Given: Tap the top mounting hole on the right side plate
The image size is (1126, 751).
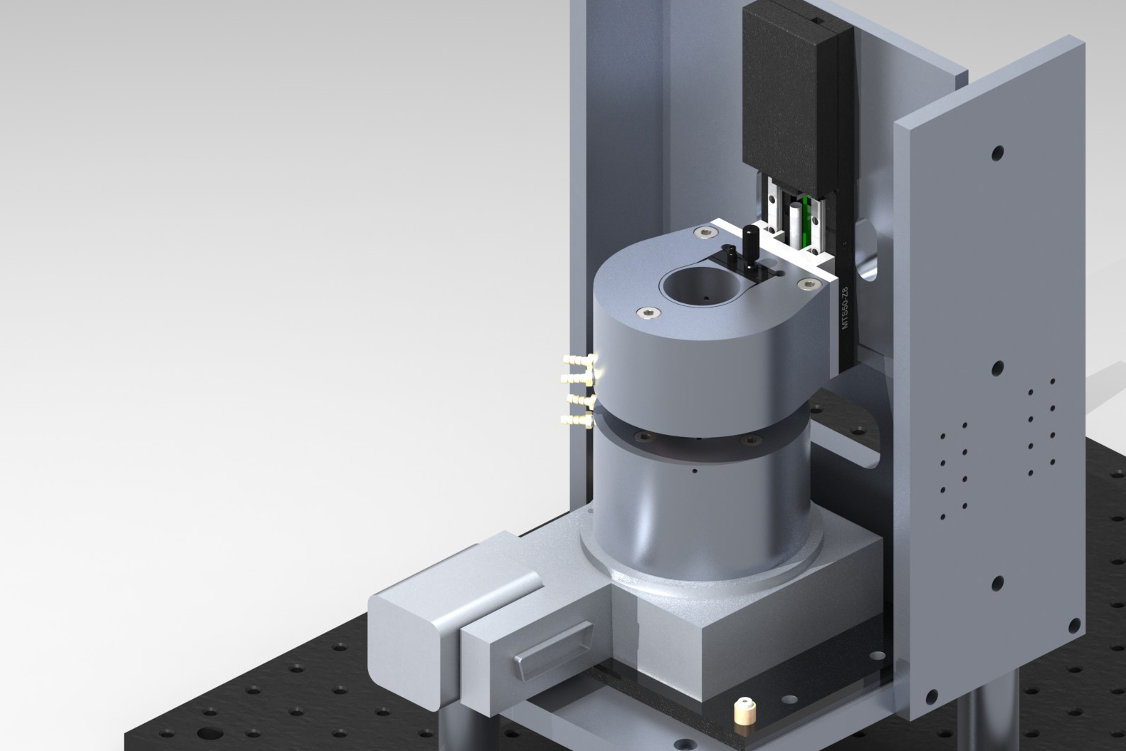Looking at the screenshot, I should tap(998, 153).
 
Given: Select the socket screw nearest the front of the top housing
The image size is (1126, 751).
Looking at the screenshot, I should tap(648, 312).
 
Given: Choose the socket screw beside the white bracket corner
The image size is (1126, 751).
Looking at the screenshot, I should tap(806, 284).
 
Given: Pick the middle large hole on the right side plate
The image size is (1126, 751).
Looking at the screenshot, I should tap(998, 368).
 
